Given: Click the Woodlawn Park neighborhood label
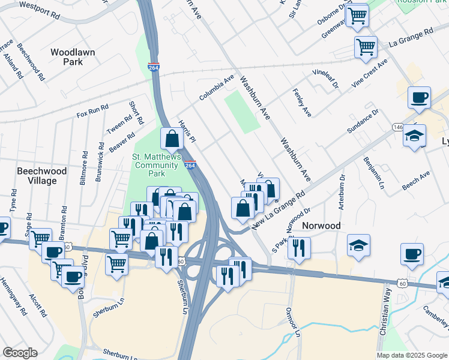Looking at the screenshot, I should (x=73, y=57).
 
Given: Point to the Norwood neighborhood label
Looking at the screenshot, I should (x=321, y=226).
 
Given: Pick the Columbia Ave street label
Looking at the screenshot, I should (x=217, y=88).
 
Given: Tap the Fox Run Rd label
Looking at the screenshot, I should (x=92, y=111).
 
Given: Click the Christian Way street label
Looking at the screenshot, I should (x=385, y=319).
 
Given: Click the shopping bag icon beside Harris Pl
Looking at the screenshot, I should (x=172, y=139).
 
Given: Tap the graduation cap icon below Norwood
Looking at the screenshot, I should (x=358, y=245).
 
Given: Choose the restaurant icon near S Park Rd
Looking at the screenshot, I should (x=299, y=248).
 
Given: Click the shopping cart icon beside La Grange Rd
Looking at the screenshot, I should (x=366, y=46).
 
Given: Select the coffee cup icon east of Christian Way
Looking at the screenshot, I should (x=412, y=254).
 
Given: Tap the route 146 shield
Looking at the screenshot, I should (x=398, y=127).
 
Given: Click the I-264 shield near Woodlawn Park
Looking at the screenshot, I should (x=154, y=67).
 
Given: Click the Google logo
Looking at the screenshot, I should (x=20, y=353).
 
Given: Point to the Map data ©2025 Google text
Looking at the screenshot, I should (x=411, y=355).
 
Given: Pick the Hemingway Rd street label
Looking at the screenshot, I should (x=13, y=296).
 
